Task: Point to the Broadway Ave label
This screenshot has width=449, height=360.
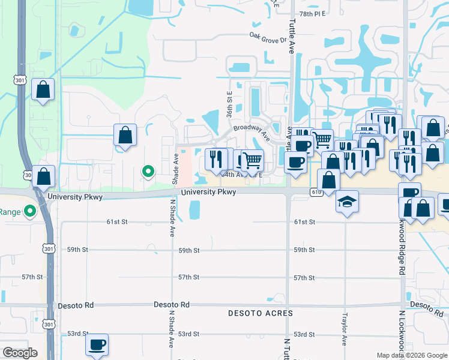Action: pos(249,128)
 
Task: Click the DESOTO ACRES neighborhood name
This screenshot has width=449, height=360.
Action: pos(261,313)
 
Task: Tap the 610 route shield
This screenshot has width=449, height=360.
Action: pos(316,191)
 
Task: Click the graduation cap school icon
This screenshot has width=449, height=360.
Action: pos(347,201)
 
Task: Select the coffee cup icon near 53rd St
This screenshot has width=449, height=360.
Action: pos(97,345)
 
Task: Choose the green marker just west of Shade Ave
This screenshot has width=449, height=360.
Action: pos(148,172)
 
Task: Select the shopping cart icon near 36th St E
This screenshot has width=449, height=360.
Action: pos(253,160)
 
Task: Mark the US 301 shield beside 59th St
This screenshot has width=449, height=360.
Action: pos(49,248)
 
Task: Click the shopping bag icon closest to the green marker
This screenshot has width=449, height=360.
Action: pos(125,135)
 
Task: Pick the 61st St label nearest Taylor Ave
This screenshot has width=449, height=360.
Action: pos(304,222)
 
